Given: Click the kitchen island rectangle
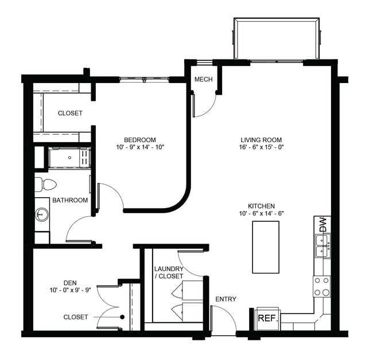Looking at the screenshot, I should coord(265,247).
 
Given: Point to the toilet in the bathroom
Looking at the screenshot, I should coord(45,185).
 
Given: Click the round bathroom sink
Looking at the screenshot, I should coord(42,214).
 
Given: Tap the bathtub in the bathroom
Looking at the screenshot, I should coord(68,157).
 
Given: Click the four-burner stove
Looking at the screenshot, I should coord(321,286).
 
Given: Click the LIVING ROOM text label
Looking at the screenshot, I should coord(261,140).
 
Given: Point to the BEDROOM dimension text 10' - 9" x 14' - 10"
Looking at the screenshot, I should coord(140,147).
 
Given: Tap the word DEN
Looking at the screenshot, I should coord(71,283).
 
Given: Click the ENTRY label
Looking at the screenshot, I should coord(226,299).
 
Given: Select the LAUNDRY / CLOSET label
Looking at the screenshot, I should coord(169,272).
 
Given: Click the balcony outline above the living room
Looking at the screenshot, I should coord(277,38).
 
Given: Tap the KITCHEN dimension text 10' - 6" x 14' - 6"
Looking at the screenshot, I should coord(261,213).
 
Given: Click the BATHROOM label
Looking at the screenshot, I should coord(70,200).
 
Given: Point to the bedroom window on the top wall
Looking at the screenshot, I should coord(144,80).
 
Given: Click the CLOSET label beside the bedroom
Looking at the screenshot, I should coord(70,113).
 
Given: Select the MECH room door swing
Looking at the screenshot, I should coord(205,105).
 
